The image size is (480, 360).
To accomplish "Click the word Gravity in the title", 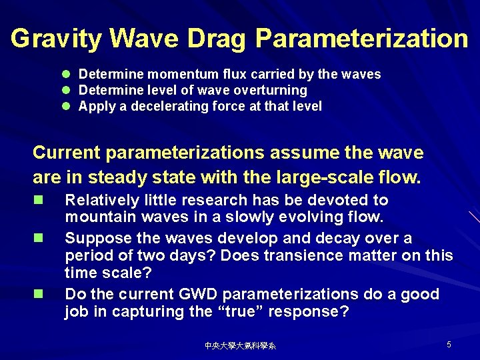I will [x=55, y=39].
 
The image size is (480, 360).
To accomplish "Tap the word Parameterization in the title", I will [x=362, y=39].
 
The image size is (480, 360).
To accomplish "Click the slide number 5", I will [x=449, y=345].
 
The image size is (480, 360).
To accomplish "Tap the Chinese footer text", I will [x=240, y=346].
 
